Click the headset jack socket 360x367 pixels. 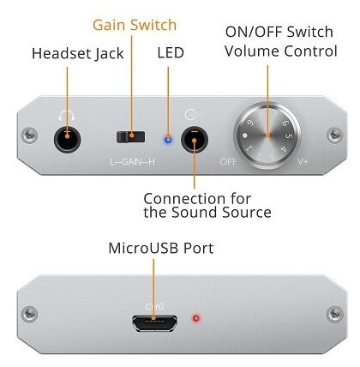[67, 140]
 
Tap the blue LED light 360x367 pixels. [168, 140]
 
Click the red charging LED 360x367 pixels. [196, 318]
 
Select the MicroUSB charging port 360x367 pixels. [154, 323]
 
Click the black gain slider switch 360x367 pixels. [130, 137]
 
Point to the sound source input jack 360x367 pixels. [195, 140]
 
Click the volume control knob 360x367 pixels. [267, 135]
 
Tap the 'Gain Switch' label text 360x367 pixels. [135, 25]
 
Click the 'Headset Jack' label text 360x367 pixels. [77, 54]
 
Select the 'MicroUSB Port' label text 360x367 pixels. [161, 248]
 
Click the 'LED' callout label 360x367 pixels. [171, 53]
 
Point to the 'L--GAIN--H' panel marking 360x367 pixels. [133, 162]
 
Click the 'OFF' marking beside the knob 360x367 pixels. [228, 162]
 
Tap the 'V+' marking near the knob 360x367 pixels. [303, 162]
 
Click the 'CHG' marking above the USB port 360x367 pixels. [154, 307]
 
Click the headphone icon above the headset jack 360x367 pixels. [67, 116]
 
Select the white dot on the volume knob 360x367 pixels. [244, 135]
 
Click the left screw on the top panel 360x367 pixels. [30, 135]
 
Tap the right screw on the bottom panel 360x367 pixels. [334, 314]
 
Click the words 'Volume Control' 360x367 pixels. [281, 51]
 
